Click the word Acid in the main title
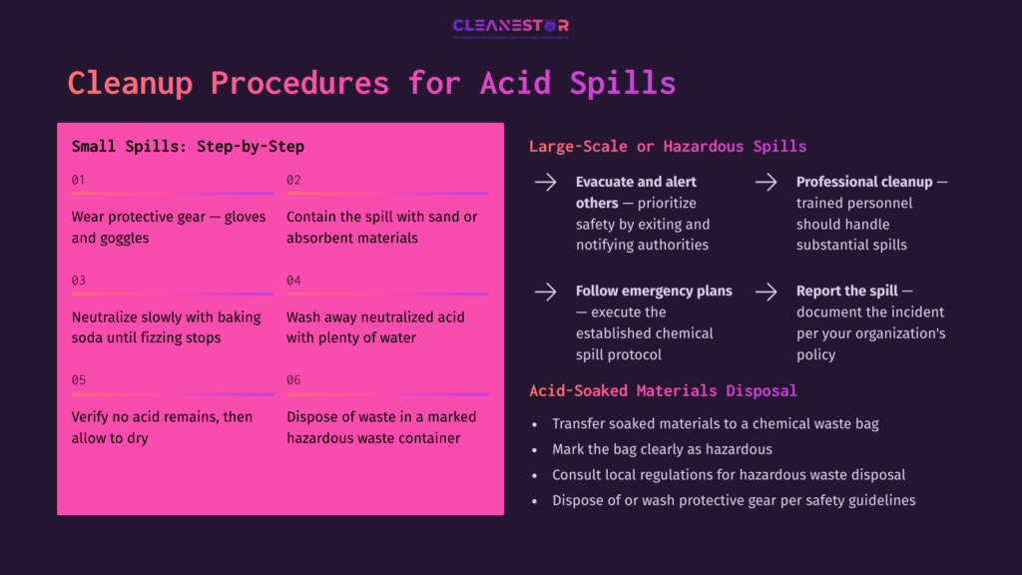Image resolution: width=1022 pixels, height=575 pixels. click(x=515, y=83)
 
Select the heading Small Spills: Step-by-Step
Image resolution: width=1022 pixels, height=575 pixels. click(x=188, y=147)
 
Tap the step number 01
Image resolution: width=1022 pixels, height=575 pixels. click(x=78, y=180)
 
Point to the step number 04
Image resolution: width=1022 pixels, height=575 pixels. click(x=293, y=281)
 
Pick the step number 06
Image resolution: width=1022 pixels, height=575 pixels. click(x=293, y=380)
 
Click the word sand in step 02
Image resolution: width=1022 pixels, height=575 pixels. click(x=439, y=217)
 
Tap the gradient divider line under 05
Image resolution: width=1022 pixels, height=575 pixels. click(x=172, y=394)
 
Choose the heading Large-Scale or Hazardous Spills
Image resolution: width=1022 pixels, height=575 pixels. click(x=667, y=147)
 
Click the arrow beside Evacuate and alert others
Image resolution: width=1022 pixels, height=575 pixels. click(x=545, y=183)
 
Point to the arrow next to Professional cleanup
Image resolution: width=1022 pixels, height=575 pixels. click(x=766, y=183)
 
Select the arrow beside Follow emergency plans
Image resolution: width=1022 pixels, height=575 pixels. click(x=545, y=291)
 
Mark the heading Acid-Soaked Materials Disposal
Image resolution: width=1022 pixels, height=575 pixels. click(x=663, y=390)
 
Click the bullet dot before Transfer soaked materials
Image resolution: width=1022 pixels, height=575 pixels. click(x=537, y=424)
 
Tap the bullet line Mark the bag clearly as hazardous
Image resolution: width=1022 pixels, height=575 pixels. click(x=662, y=449)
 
